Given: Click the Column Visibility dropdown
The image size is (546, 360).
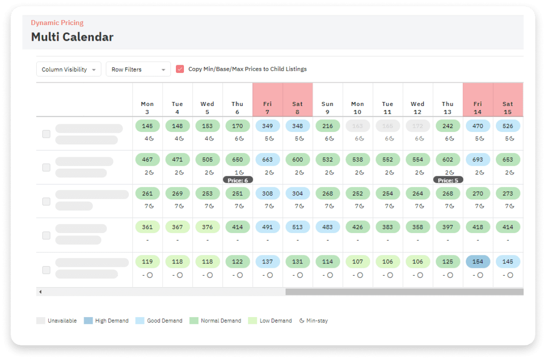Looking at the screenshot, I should (x=68, y=70).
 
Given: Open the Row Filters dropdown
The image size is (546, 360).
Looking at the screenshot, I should (x=138, y=70).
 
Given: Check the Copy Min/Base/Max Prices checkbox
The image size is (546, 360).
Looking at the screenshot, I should (x=180, y=69).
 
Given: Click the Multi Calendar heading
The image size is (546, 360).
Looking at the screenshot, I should (x=72, y=37).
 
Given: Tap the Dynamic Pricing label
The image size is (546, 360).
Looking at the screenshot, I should (x=57, y=23).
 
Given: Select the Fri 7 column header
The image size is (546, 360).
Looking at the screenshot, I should (x=268, y=107).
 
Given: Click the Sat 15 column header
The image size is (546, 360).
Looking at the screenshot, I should (x=508, y=107).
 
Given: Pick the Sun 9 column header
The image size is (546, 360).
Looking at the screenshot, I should (x=328, y=107).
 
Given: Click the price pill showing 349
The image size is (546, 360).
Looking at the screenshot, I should (x=268, y=126).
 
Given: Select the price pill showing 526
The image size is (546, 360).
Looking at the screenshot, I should (x=508, y=126).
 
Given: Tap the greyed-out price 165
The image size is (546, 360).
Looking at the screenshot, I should (x=388, y=126).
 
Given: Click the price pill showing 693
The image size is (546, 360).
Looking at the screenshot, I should (x=478, y=160).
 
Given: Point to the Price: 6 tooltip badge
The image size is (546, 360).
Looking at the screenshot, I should (x=238, y=180).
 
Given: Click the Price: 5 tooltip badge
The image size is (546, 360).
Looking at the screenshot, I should (x=448, y=180).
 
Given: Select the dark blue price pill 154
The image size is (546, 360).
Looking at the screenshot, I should (x=478, y=262).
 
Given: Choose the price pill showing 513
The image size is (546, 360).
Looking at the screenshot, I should (x=298, y=227).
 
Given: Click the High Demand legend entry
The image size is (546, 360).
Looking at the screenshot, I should (x=106, y=321).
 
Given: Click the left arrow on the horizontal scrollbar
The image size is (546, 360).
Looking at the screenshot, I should (x=40, y=292).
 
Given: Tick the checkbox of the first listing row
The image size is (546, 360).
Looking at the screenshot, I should (x=46, y=134).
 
